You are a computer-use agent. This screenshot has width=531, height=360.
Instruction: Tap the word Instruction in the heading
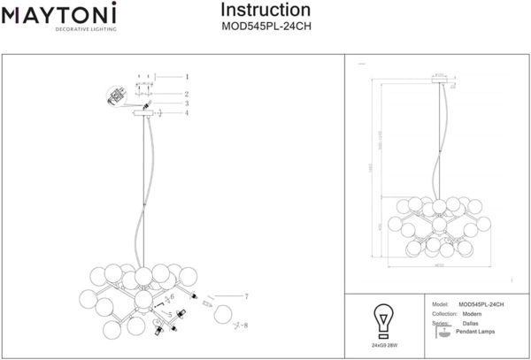tap(265, 10)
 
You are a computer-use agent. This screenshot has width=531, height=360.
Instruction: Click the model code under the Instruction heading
tap(265, 26)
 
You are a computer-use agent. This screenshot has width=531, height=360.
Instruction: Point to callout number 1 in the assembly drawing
tap(187, 77)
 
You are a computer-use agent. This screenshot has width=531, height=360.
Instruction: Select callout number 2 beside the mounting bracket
tap(187, 93)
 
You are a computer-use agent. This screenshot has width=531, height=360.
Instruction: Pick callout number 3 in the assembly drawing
tap(187, 103)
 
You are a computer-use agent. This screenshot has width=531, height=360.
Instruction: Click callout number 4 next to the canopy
tap(187, 112)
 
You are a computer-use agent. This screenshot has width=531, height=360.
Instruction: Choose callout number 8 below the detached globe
tap(245, 326)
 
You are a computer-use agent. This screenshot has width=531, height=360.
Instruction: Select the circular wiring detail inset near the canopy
tap(116, 97)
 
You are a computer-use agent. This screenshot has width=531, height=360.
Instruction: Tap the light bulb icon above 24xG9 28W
tap(383, 318)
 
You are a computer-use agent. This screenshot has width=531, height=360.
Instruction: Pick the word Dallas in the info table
tap(471, 324)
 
